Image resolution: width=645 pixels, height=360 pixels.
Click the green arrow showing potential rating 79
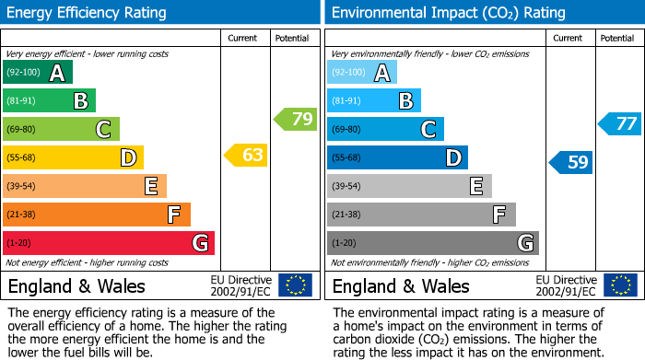coord(296,119)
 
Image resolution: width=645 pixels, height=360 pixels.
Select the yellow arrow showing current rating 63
coord(246,155)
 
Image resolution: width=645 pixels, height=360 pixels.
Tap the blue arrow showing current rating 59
coord(570,163)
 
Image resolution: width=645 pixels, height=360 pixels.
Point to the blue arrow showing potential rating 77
coord(620,123)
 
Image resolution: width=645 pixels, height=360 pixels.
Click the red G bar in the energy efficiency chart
coord(109,243)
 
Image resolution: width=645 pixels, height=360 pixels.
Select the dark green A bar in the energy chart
coord(38,73)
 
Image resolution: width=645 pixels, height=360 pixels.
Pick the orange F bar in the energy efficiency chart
coord(97,215)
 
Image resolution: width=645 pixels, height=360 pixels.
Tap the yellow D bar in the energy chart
coord(73,157)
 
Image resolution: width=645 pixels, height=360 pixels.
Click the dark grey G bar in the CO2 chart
coord(433,243)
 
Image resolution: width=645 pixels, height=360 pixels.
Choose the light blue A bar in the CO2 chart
coord(362,73)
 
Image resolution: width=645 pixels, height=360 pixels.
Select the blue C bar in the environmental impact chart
coord(385,129)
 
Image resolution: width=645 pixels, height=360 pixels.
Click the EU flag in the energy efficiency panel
coord(295,285)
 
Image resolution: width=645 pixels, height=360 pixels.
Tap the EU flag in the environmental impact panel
coord(619,285)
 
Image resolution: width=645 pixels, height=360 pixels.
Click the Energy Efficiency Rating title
coord(88,13)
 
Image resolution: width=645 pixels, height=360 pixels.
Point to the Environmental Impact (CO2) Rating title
coord(448,13)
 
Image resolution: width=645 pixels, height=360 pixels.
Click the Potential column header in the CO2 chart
coord(616,38)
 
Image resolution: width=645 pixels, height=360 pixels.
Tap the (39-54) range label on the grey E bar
coord(347,186)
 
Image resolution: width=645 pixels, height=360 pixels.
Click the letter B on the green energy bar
coord(80,101)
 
